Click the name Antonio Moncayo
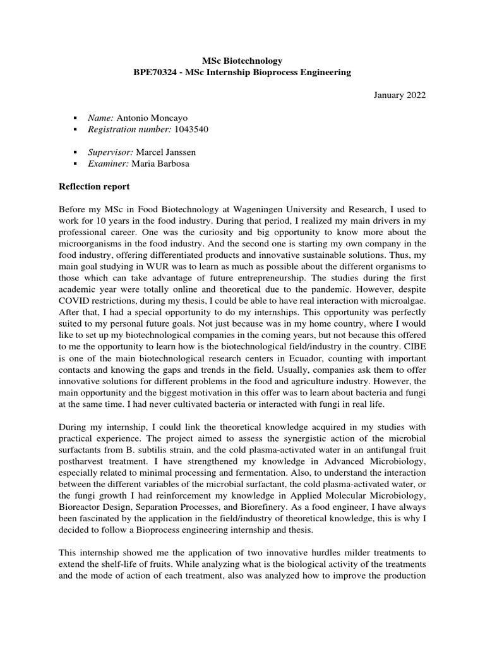click(x=152, y=118)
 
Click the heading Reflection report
click(x=94, y=186)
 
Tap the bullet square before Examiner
click(x=75, y=164)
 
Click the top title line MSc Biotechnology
click(x=242, y=61)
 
